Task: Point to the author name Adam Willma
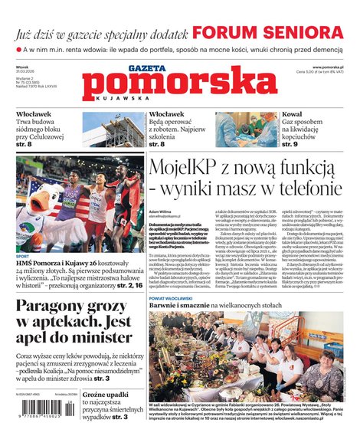(x=160, y=210)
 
